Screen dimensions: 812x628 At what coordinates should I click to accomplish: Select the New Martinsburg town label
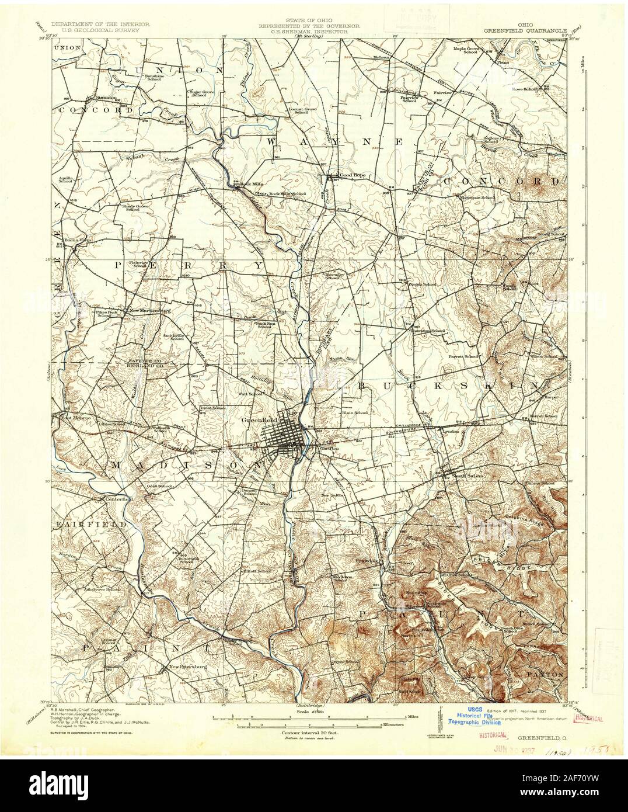coord(150,311)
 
